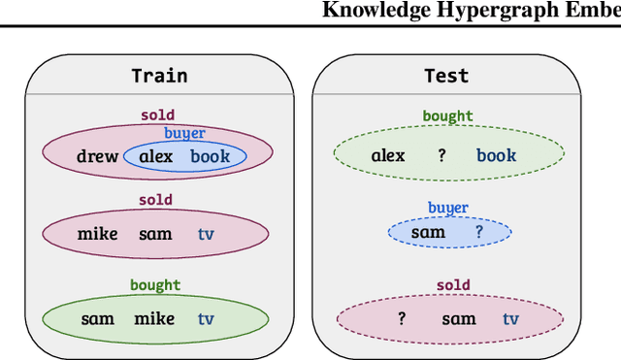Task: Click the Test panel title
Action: pos(446,76)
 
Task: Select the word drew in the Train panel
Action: pos(97,155)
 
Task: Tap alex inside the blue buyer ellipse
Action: pos(155,155)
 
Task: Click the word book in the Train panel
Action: pos(211,155)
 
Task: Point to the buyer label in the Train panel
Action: pos(183,133)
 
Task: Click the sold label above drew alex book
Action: pos(156,115)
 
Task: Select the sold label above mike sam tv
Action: pos(156,200)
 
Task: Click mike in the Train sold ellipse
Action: pos(97,234)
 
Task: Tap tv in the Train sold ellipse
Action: pos(206,234)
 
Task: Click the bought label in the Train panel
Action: pos(155,285)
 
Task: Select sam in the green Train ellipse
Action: pos(97,318)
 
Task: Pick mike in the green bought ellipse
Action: pos(154,318)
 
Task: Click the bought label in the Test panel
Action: pos(447,116)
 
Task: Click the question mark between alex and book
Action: pos(441,155)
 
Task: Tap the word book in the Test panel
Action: pos(496,155)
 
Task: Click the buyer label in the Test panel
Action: pos(448,208)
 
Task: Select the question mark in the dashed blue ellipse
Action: pos(478,233)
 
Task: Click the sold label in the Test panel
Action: pos(452,285)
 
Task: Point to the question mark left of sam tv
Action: pos(401,318)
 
